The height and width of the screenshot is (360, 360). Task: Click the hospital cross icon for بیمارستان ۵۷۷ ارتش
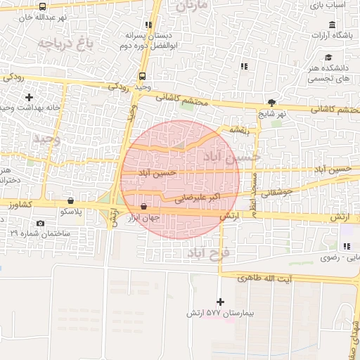[221, 301]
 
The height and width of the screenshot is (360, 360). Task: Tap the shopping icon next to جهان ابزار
[144, 207]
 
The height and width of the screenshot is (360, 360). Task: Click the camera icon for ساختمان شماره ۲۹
[39, 224]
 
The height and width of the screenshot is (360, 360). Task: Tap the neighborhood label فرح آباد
[205, 252]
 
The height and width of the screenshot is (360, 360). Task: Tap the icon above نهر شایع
[272, 102]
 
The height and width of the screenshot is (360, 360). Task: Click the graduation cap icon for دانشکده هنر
[328, 58]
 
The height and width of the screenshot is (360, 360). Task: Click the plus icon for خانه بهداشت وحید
[29, 96]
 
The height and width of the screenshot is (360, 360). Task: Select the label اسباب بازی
[342, 4]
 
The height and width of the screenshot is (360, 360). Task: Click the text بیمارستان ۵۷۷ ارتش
[217, 311]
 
